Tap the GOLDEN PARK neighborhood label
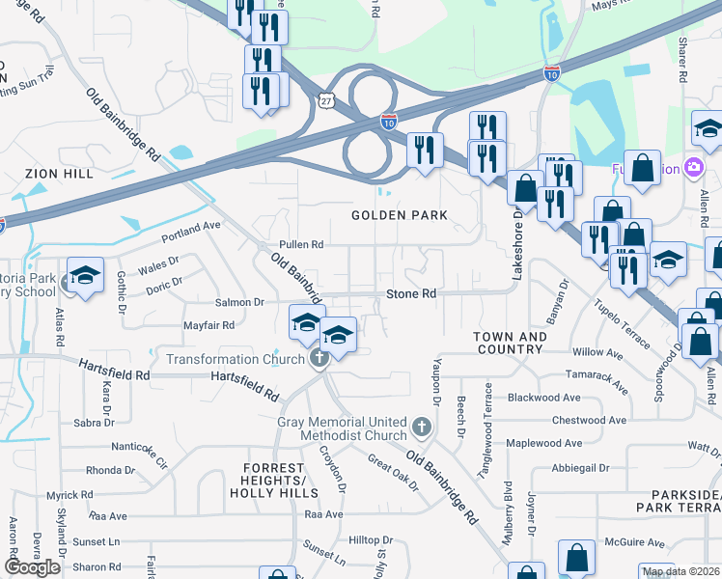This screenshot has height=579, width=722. (x=400, y=215)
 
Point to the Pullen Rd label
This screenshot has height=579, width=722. (x=300, y=245)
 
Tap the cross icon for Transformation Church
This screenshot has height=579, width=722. (x=319, y=360)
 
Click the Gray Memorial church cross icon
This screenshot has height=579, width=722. (x=420, y=426)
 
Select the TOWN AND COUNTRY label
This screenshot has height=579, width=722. (x=511, y=344)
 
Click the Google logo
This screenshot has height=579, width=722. (x=33, y=567)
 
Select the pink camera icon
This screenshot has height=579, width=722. (x=692, y=168)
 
